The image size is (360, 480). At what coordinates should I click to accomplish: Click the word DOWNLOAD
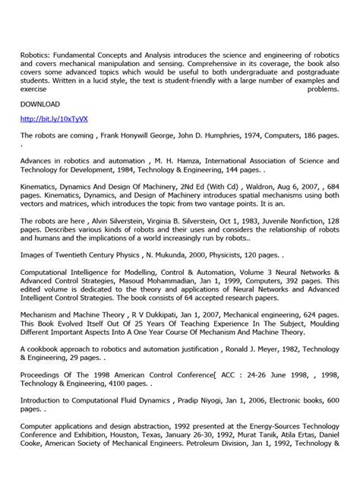pos(40,103)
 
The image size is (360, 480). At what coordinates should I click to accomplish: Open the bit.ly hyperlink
pos(43,119)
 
